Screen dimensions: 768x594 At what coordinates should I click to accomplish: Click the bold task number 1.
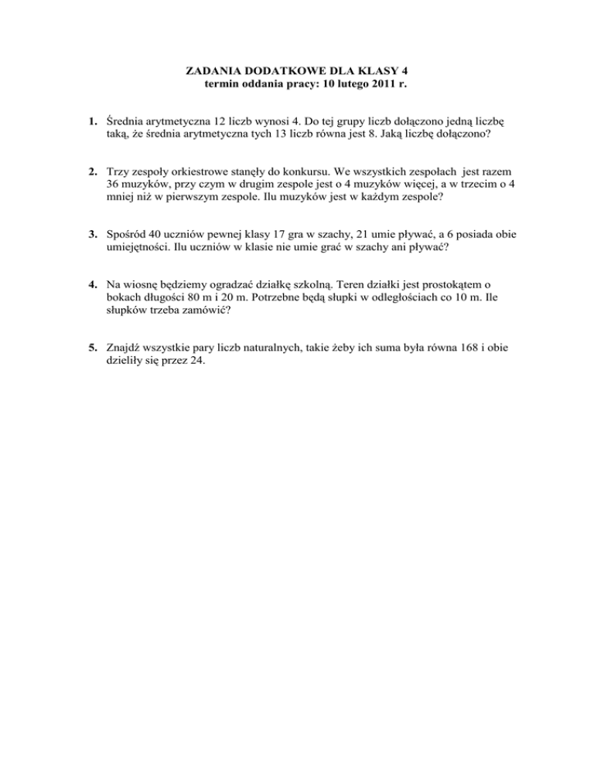(x=91, y=121)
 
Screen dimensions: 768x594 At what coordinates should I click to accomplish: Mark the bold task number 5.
(x=91, y=343)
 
